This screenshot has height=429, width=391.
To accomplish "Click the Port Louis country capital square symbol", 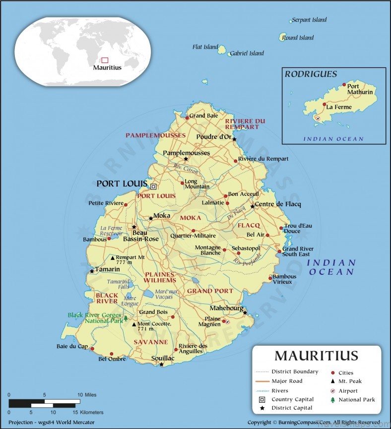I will [x=153, y=186].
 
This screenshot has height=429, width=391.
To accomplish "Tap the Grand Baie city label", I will [x=204, y=116].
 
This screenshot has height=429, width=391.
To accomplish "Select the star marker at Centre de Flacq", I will [x=253, y=206].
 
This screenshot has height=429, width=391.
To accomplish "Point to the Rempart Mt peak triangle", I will [x=113, y=258].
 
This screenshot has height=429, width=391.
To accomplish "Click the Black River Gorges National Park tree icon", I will [x=126, y=318].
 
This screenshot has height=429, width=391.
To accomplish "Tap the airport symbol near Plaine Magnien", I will [x=227, y=321].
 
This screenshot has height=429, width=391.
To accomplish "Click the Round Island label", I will [x=298, y=38].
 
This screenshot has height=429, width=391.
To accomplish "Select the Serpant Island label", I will [x=309, y=20].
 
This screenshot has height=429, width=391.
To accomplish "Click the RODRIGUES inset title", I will [x=311, y=74].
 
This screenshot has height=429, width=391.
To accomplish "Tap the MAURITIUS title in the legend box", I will [x=316, y=356].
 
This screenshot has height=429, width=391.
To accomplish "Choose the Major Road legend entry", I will [x=287, y=381].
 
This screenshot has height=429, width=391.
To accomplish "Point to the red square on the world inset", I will [x=105, y=60].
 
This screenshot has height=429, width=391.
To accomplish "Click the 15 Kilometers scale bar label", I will [x=88, y=412].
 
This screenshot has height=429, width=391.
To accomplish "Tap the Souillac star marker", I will [x=161, y=365].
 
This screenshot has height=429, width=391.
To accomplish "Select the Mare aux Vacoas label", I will [x=166, y=294].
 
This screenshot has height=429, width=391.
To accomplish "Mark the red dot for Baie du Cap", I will [x=92, y=349].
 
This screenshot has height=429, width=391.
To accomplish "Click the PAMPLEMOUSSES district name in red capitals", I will [x=155, y=135].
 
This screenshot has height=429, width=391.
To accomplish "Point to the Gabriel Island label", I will [x=247, y=53].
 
